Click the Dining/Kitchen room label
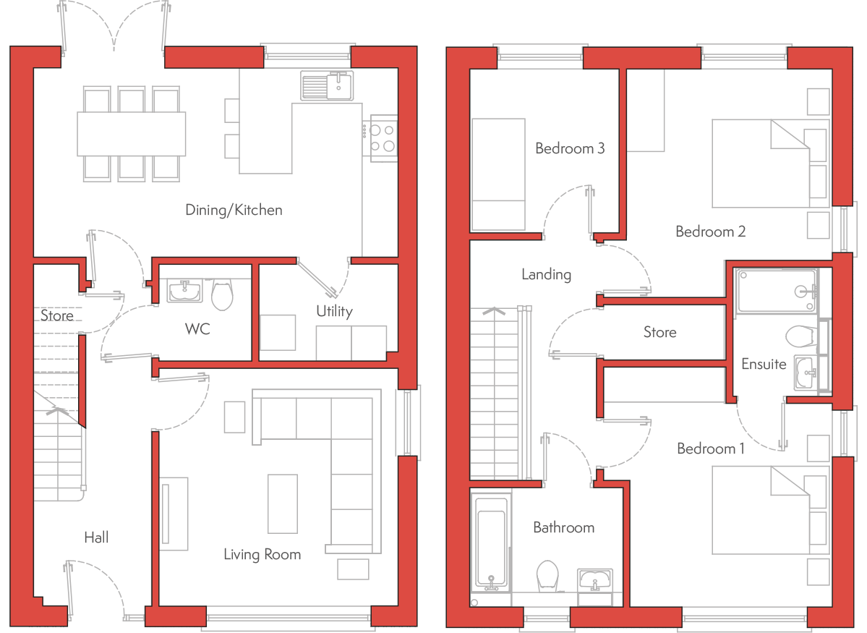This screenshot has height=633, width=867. tap(234, 211)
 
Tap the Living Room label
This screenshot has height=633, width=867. tap(262, 554)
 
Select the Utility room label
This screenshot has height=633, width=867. tap(335, 312)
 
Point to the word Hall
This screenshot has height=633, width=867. tap(96, 538)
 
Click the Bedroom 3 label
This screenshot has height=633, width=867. tap(570, 148)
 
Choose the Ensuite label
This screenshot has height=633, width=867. tap(764, 364)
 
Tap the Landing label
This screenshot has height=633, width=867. tap(546, 275)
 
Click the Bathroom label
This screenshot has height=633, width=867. tap(564, 527)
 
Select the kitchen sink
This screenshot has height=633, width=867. tap(327, 86)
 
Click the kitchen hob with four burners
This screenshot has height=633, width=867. tap(383, 138)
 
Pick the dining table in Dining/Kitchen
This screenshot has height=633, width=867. tap(131, 134)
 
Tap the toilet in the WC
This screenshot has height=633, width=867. tap(222, 295)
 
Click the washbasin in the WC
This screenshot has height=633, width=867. tap(184, 291)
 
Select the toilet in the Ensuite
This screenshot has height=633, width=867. tap(801, 336)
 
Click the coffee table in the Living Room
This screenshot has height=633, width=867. tap(283, 504)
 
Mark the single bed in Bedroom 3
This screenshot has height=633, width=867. tap(498, 174)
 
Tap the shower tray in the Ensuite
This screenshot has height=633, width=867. tap(777, 292)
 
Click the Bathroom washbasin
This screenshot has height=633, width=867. tap(595, 579)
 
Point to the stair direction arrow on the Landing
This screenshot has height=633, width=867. tap(494, 312)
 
